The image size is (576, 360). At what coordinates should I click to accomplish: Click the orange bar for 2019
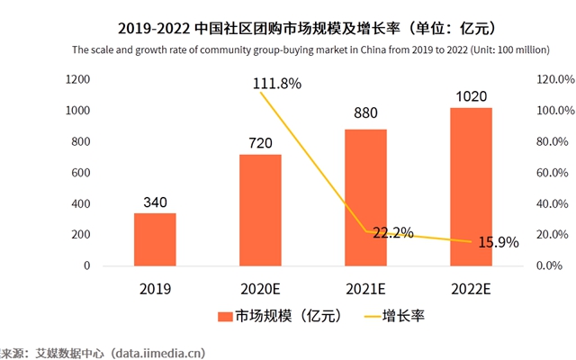point(155,239)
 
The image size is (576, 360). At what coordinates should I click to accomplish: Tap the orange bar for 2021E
point(364,197)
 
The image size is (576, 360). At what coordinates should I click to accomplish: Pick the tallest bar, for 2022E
point(471,186)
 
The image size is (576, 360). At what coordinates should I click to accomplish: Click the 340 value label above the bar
point(155,202)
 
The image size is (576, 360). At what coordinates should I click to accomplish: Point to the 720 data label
point(259,143)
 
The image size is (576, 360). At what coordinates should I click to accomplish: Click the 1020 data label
point(471,95)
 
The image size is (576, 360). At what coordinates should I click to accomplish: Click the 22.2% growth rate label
point(392,233)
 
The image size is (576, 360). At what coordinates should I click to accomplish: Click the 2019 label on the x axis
point(155,290)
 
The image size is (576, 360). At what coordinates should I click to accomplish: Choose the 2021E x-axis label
point(364,290)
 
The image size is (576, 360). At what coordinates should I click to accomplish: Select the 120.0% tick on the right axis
point(554,79)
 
